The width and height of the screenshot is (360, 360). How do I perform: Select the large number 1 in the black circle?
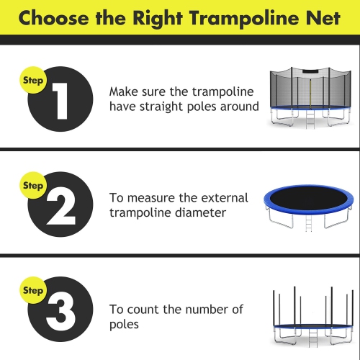pos(60,102)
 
